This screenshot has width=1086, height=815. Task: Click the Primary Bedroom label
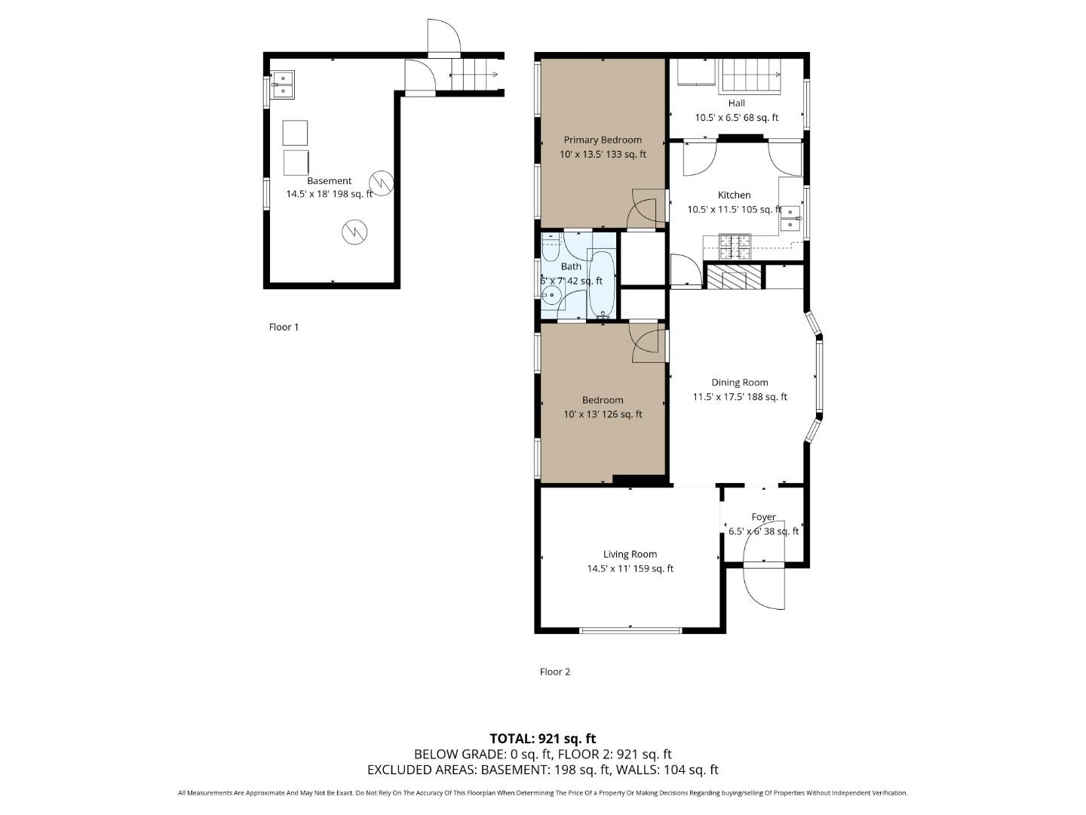tap(603, 140)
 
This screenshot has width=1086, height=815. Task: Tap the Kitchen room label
tap(734, 195)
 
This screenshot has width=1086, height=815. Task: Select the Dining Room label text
tap(740, 383)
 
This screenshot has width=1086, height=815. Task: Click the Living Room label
tap(630, 554)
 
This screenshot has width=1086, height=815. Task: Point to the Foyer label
tap(763, 517)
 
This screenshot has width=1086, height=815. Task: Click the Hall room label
tap(737, 103)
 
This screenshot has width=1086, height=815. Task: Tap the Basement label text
tap(329, 181)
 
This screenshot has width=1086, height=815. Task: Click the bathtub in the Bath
tap(602, 284)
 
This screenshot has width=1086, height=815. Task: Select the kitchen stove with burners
tap(735, 246)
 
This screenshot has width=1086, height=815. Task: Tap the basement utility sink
tap(283, 85)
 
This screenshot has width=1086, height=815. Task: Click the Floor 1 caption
tap(284, 327)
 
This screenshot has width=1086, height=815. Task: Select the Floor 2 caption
tap(555, 672)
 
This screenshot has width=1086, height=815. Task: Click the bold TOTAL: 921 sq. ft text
tap(542, 738)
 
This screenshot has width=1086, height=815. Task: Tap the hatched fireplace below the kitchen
tap(734, 276)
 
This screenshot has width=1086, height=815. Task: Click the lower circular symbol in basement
tap(354, 232)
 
